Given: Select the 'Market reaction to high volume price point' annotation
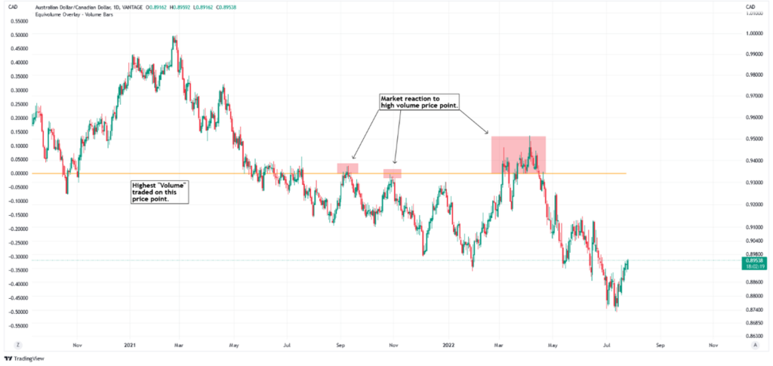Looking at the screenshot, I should coord(419,103).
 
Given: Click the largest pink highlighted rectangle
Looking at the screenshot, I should coord(518,155).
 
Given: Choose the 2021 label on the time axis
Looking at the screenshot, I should coord(130,344).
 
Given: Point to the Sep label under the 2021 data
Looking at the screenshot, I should coord(340,344).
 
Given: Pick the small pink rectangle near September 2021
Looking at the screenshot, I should coord(347,168).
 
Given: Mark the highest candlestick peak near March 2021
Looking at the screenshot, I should coord(175,36).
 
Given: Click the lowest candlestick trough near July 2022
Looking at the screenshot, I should coord(616,310).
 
